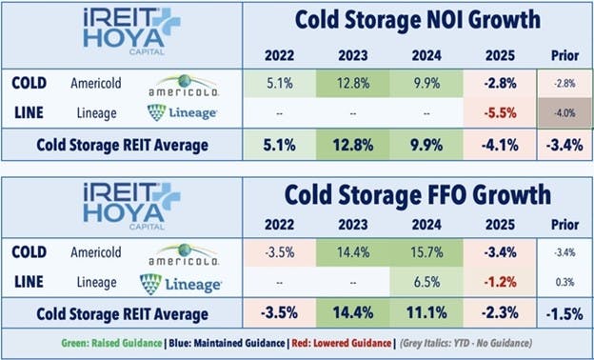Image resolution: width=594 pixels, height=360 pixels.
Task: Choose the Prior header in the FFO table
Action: (558, 229)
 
